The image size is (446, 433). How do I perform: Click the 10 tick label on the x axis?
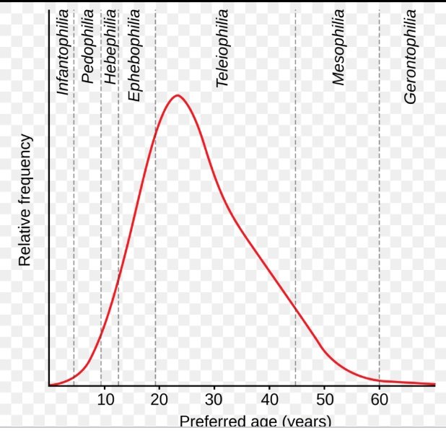click(104, 400)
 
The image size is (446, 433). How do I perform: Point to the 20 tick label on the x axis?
click(159, 400)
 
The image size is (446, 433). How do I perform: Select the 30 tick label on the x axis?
click(214, 400)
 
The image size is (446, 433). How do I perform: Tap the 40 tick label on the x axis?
click(269, 400)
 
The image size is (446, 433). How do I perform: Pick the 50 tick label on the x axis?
click(324, 400)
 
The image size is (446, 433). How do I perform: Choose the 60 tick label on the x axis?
click(380, 400)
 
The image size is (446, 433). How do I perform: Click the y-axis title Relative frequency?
click(25, 201)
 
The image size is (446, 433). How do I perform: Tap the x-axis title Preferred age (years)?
click(255, 422)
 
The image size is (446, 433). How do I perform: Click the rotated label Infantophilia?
click(64, 52)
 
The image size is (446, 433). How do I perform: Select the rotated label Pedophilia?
click(88, 47)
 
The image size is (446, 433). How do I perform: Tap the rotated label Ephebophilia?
click(135, 54)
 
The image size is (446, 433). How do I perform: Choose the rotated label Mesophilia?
click(339, 48)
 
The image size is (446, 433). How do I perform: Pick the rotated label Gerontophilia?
click(411, 56)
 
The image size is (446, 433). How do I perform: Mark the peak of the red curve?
click(176, 95)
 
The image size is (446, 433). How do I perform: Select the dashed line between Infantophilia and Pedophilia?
click(74, 216)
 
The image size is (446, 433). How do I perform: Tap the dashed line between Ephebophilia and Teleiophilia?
click(155, 216)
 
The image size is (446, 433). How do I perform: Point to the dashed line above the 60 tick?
click(380, 216)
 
